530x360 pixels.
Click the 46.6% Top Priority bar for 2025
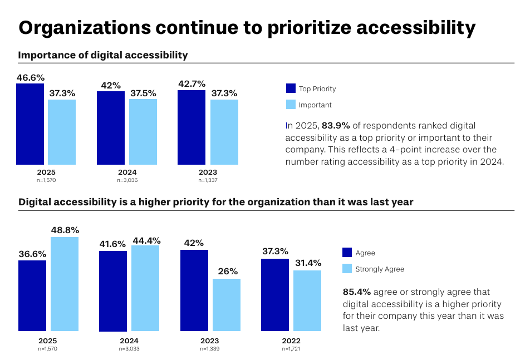click(x=30, y=124)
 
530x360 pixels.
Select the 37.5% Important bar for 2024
click(x=143, y=132)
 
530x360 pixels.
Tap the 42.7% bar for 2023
click(x=192, y=127)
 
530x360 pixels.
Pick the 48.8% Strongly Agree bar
click(x=65, y=284)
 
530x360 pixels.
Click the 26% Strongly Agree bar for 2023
click(x=227, y=305)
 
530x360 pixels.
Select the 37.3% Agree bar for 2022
click(x=275, y=295)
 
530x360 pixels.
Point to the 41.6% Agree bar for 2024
click(x=113, y=291)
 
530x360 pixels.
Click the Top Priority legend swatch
click(x=291, y=88)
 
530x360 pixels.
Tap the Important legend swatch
click(x=291, y=105)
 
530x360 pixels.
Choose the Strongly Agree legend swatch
click(x=347, y=269)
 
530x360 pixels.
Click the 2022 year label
click(x=291, y=341)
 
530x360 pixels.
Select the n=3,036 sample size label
click(x=127, y=180)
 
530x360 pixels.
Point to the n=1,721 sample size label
click(x=291, y=349)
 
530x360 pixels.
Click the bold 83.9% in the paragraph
click(x=336, y=126)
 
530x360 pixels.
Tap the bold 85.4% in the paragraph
click(x=357, y=292)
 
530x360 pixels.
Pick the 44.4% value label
click(x=146, y=240)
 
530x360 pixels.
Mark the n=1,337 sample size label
click(x=208, y=180)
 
